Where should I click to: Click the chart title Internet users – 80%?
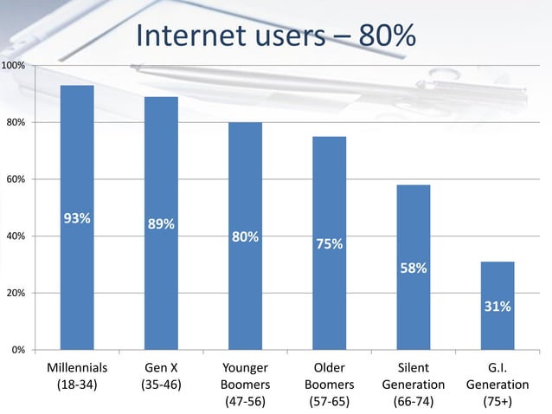tap(276, 36)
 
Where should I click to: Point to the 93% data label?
tap(77, 218)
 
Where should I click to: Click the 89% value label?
tap(161, 224)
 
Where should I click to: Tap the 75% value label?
tap(329, 245)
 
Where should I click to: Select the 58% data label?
tap(413, 268)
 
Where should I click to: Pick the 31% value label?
tap(497, 307)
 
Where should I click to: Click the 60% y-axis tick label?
tap(15, 179)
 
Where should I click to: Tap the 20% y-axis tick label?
tap(15, 294)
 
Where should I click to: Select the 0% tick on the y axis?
tap(17, 350)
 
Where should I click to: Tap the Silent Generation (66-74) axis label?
tap(413, 384)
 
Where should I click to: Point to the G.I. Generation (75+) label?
tap(497, 384)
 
